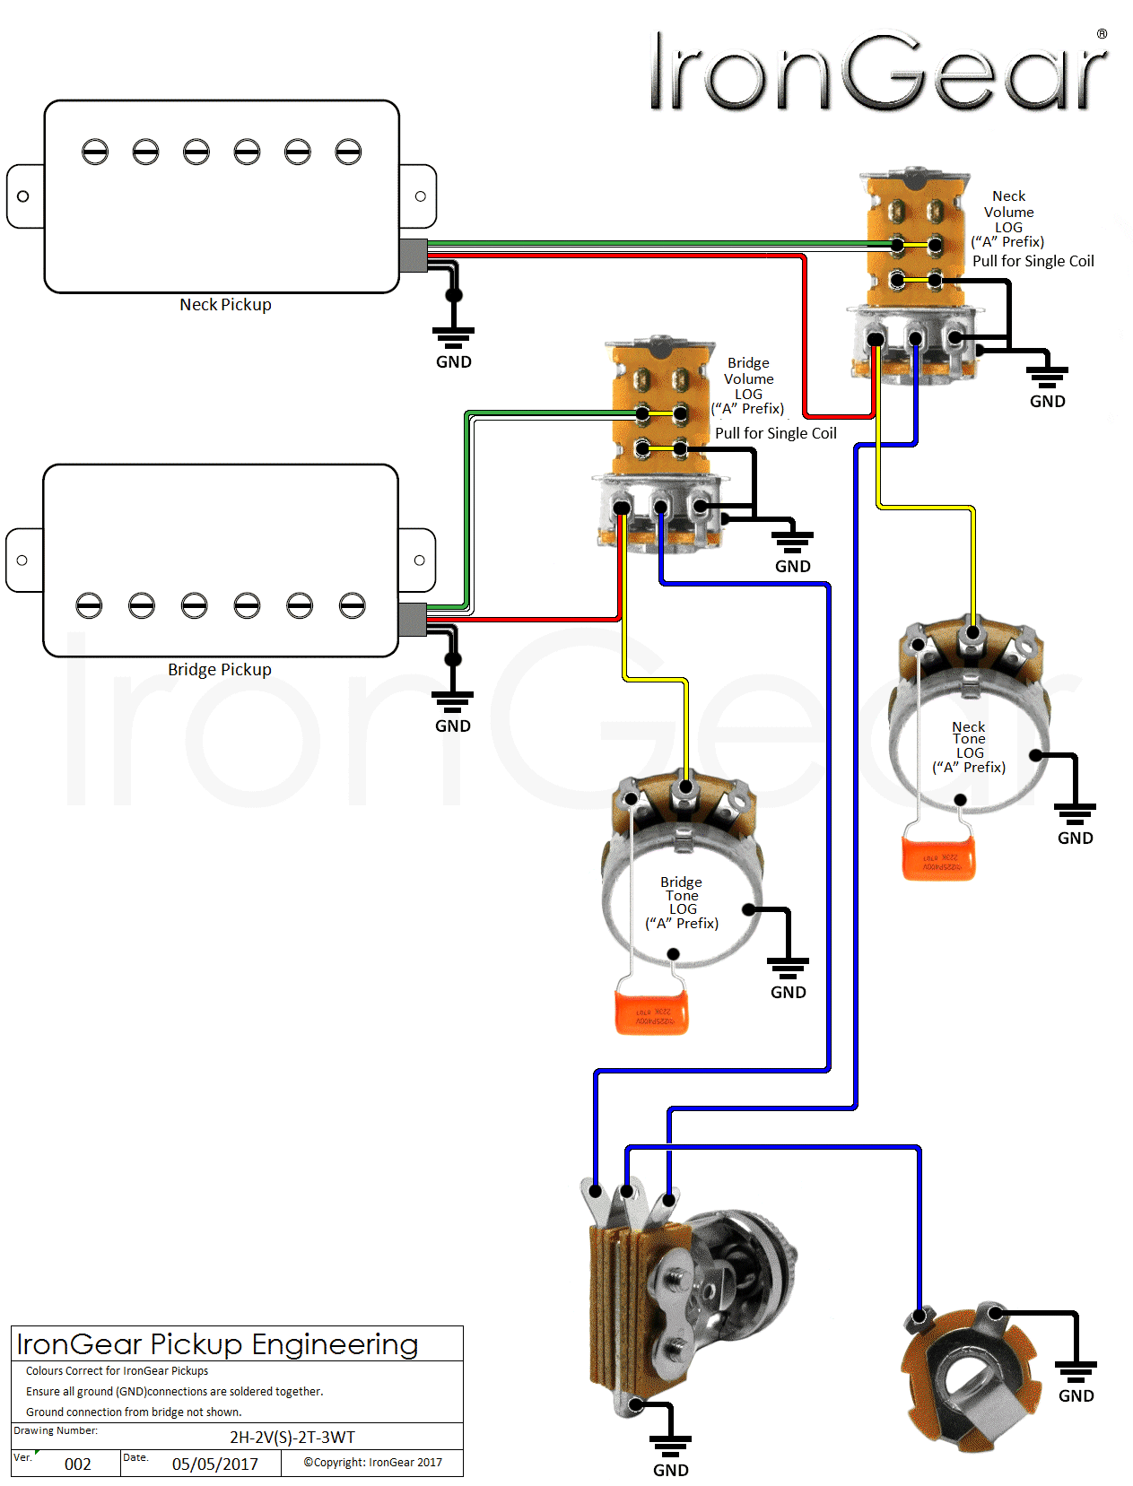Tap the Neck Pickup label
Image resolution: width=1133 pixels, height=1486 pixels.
click(x=225, y=305)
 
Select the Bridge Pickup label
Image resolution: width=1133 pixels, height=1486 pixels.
click(x=220, y=670)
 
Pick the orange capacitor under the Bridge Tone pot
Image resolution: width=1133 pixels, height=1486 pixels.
click(x=652, y=1012)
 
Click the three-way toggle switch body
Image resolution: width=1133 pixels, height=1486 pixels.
click(x=682, y=1291)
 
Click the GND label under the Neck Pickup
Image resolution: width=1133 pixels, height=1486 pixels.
click(x=454, y=362)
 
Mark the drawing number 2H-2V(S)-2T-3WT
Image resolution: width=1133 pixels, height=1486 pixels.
click(x=292, y=1438)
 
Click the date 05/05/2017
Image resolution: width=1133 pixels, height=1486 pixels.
click(x=215, y=1464)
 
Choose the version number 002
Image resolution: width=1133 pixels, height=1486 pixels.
click(x=78, y=1464)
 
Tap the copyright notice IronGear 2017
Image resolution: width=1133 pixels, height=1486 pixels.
click(x=372, y=1463)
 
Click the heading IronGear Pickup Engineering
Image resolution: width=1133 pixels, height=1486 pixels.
click(x=217, y=1344)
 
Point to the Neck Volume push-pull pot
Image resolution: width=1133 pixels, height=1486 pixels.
click(x=915, y=278)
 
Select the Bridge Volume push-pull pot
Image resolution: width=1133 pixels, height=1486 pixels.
click(x=660, y=448)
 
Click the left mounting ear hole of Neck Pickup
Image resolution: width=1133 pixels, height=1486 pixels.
click(x=23, y=196)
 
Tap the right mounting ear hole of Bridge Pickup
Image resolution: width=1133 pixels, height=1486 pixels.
click(x=419, y=561)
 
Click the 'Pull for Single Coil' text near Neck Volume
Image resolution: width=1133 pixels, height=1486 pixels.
click(x=1033, y=262)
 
